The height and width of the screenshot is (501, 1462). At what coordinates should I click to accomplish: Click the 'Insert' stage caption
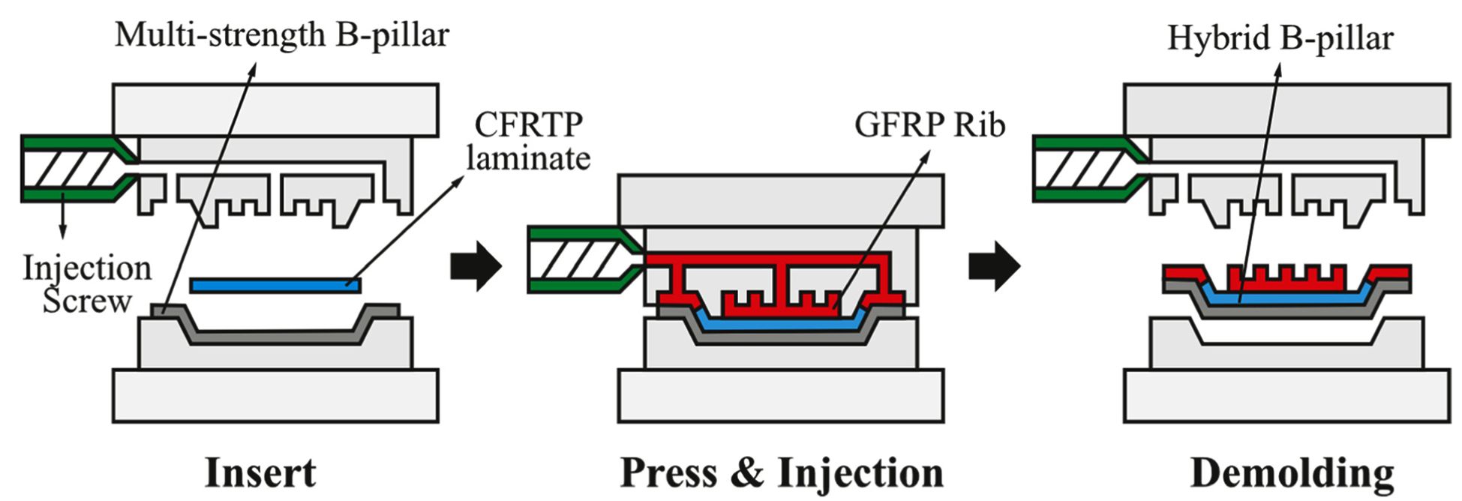[260, 473]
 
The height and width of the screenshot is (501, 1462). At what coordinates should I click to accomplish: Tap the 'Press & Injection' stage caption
[781, 473]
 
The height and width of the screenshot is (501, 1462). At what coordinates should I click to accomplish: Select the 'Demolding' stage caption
[1292, 473]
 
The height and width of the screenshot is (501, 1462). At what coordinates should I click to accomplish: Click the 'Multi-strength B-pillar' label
[281, 34]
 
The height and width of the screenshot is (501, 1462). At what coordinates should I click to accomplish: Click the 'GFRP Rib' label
[929, 124]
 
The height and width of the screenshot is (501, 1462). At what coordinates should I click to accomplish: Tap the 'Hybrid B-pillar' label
[1280, 37]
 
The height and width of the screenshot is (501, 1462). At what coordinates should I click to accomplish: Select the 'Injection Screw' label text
[86, 285]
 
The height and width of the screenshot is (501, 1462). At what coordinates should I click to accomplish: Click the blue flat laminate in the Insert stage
[275, 285]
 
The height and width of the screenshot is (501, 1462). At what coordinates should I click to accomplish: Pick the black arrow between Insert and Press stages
[475, 265]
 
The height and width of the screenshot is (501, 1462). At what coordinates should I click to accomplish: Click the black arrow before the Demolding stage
[993, 265]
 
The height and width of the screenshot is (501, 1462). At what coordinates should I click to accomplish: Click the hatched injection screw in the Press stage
[578, 259]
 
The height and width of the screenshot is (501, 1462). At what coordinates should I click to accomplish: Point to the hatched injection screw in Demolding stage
[1080, 169]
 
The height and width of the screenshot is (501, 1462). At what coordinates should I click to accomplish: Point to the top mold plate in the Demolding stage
[1286, 109]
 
